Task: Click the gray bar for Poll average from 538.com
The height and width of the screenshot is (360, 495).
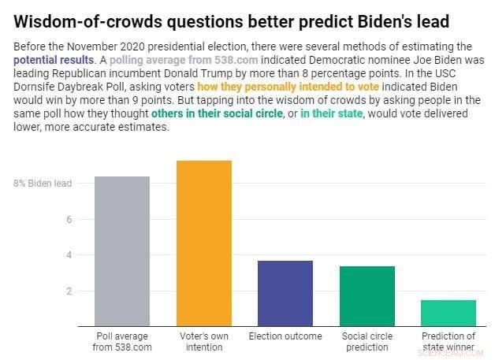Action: pyautogui.click(x=122, y=251)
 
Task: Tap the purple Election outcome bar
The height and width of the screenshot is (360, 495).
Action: pyautogui.click(x=285, y=293)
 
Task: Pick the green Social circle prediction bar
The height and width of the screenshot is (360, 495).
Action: pyautogui.click(x=367, y=295)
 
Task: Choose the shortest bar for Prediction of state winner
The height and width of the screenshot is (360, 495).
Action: pyautogui.click(x=448, y=313)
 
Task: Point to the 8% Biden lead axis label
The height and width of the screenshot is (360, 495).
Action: pyautogui.click(x=43, y=184)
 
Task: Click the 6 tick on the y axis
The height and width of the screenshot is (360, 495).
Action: pyautogui.click(x=69, y=220)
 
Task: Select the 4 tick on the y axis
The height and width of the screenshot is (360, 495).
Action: pyautogui.click(x=69, y=255)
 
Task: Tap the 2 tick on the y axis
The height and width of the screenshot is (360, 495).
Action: pyautogui.click(x=69, y=291)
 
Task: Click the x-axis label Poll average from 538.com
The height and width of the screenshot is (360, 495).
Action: pyautogui.click(x=122, y=341)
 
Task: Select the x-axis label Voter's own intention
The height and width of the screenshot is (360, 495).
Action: pyautogui.click(x=203, y=341)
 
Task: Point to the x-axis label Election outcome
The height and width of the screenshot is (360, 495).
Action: pyautogui.click(x=285, y=336)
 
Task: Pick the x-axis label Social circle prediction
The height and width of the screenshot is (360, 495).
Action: pyautogui.click(x=367, y=341)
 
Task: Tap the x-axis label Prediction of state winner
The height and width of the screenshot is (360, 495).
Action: pyautogui.click(x=448, y=341)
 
